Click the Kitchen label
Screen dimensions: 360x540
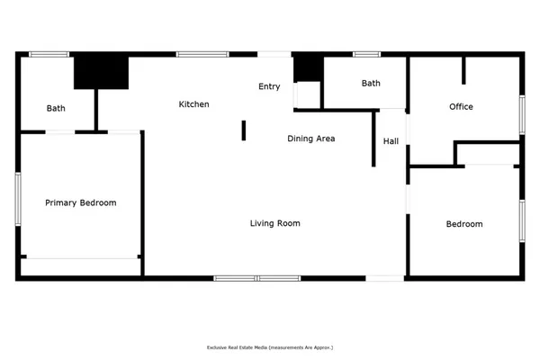[193, 104]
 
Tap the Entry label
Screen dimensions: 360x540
[269, 86]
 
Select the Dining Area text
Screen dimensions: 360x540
[311, 139]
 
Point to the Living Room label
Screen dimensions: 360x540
[274, 223]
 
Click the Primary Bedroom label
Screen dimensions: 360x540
[81, 202]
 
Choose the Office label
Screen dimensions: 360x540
[461, 107]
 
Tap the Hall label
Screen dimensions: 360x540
[391, 141]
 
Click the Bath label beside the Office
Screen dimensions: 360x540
[371, 84]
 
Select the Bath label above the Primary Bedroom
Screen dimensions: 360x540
[56, 109]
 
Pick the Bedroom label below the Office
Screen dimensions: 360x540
[464, 224]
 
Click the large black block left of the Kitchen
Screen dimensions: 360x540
[102, 72]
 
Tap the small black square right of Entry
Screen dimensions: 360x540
[307, 68]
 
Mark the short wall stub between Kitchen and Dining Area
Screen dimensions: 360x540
[243, 130]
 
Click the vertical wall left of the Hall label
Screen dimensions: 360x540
[373, 139]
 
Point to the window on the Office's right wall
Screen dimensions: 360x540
[521, 116]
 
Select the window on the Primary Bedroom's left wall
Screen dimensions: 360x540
[17, 197]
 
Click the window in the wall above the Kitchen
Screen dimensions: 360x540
[202, 55]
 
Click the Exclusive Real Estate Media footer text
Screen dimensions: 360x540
[270, 346]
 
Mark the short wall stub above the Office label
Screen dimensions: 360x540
[464, 70]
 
